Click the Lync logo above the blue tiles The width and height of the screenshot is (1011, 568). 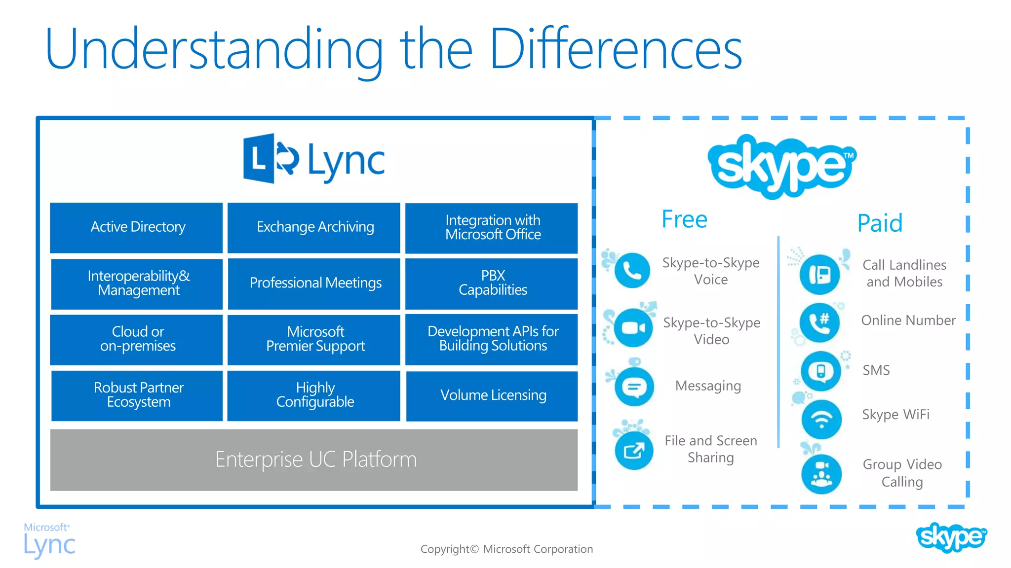(314, 159)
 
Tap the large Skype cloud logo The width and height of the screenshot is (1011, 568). (782, 166)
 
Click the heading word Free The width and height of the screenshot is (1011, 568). (684, 219)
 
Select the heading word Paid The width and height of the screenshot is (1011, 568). (880, 223)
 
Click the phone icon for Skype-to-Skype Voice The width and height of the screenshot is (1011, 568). (632, 271)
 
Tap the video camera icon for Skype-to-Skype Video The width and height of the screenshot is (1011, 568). (633, 328)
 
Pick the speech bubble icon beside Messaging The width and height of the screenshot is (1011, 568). (634, 387)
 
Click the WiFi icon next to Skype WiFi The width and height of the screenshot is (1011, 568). (821, 420)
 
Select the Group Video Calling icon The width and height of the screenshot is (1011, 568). (821, 474)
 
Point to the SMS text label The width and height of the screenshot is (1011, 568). (876, 370)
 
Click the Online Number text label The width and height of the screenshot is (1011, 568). (908, 320)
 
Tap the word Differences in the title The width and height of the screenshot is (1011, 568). (616, 49)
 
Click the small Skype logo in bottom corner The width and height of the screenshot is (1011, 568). (951, 537)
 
